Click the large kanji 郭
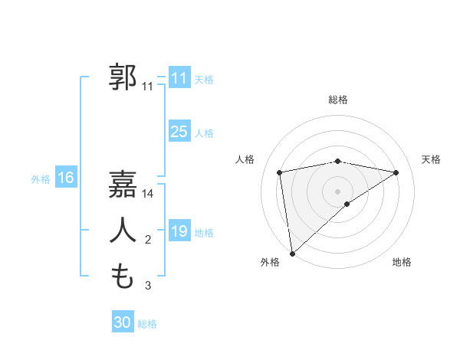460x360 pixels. pos(122,77)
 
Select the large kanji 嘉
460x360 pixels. pos(122,184)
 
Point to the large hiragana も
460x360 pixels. pos(122,277)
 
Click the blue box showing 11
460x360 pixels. pos(179,78)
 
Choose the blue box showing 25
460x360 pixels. pos(179,132)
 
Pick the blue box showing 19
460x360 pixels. pos(179,231)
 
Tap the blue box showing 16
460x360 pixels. pos(65,178)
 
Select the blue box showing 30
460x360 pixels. pos(122,322)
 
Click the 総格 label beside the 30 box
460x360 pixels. pos(147,324)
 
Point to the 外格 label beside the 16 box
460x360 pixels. pos(41,179)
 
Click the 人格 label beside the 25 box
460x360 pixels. pos(204,133)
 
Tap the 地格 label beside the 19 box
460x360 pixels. pos(204,233)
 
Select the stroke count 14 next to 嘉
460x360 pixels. pos(148,194)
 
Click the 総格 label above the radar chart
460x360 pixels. pos(338,100)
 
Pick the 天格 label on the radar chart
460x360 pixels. pos(432,159)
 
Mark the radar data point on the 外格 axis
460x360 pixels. pos(292,253)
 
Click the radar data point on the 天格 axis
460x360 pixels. pos(396,172)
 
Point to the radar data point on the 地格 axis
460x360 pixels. pos(347,204)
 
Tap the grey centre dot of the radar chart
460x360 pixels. pos(338,191)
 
